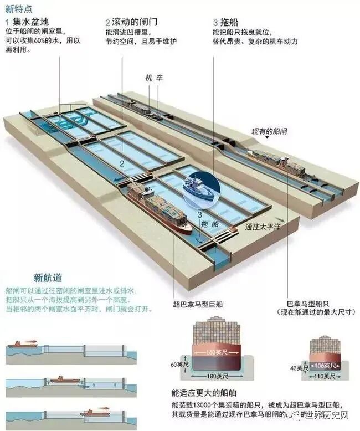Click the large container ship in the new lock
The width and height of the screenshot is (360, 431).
pos(158,208)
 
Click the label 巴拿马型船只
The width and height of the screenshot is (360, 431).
pos(308,304)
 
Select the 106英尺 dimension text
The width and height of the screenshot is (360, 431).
pos(323,366)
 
